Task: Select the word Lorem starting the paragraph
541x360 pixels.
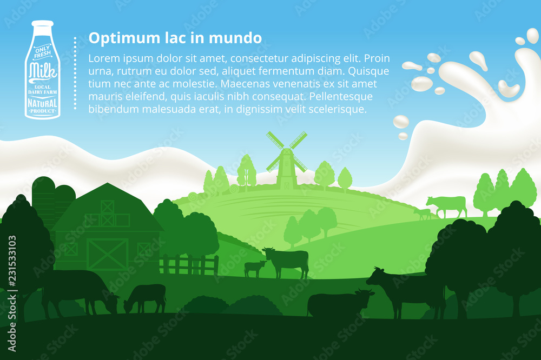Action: click(x=102, y=58)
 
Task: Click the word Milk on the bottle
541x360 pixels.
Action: click(x=42, y=71)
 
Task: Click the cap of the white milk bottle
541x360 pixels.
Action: click(x=42, y=24)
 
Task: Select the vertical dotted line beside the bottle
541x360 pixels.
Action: click(x=75, y=73)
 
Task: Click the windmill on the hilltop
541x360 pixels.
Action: click(x=286, y=159)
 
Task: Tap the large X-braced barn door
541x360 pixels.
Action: click(x=108, y=254)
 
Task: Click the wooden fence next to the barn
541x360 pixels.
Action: click(x=189, y=265)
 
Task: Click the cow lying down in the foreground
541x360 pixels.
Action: click(x=338, y=304)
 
